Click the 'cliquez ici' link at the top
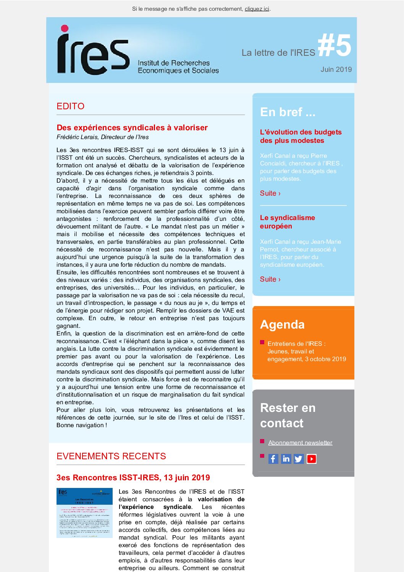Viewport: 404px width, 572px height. (x=257, y=9)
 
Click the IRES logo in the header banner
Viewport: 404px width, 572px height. (x=93, y=50)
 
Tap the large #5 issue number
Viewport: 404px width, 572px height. (x=334, y=45)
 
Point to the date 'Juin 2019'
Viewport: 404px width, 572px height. (x=336, y=69)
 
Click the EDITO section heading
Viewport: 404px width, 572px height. (x=70, y=106)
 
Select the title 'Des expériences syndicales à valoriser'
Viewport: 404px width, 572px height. (x=132, y=128)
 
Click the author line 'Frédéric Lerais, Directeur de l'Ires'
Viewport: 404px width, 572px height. (x=103, y=137)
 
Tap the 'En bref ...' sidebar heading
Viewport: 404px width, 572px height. (x=288, y=112)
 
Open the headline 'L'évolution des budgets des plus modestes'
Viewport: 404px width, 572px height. (x=301, y=136)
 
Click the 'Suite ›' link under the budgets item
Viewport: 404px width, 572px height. (x=270, y=193)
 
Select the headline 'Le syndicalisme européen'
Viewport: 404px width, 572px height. (x=287, y=222)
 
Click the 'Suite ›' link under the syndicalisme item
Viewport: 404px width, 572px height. (x=270, y=279)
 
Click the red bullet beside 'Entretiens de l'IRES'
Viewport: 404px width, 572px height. (x=262, y=342)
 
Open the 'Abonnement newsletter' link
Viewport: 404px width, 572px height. (x=300, y=442)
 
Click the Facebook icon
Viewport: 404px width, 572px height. (x=273, y=459)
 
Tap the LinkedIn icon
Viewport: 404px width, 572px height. (x=286, y=459)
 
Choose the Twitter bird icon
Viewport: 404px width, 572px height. (x=299, y=459)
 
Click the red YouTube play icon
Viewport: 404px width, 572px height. (x=312, y=459)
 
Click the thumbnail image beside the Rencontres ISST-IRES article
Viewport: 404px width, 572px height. (x=84, y=513)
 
